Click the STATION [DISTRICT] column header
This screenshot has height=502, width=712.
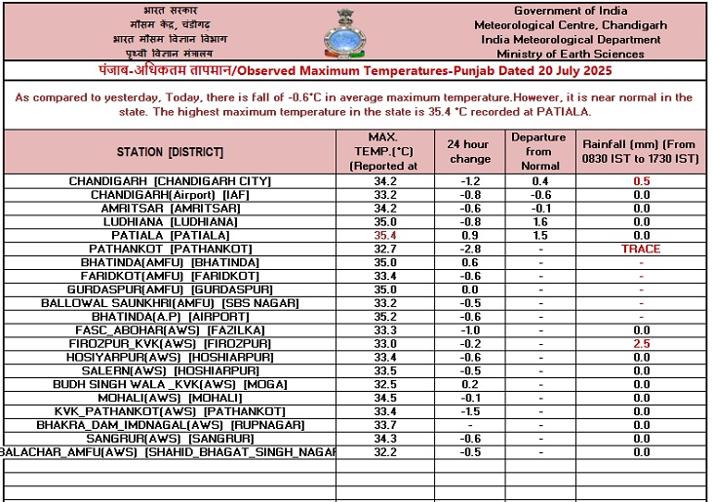[170, 152]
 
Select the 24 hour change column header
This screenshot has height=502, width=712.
[468, 151]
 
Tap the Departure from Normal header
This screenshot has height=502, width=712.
[538, 151]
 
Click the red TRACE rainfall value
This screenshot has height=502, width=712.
[641, 250]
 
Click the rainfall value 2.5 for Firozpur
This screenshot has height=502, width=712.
[641, 344]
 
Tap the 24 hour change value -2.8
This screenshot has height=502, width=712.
[468, 250]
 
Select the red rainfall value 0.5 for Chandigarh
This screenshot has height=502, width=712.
[641, 181]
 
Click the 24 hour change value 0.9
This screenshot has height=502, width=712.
[468, 236]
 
